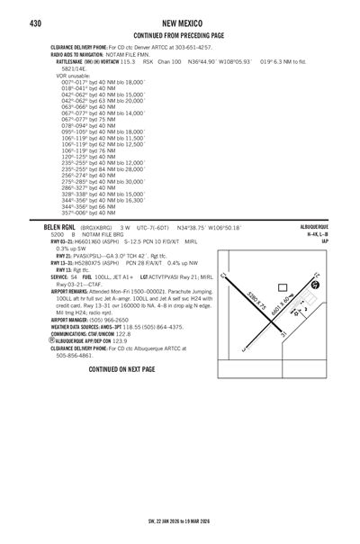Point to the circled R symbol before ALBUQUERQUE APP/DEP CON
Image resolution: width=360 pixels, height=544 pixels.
click(50, 367)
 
